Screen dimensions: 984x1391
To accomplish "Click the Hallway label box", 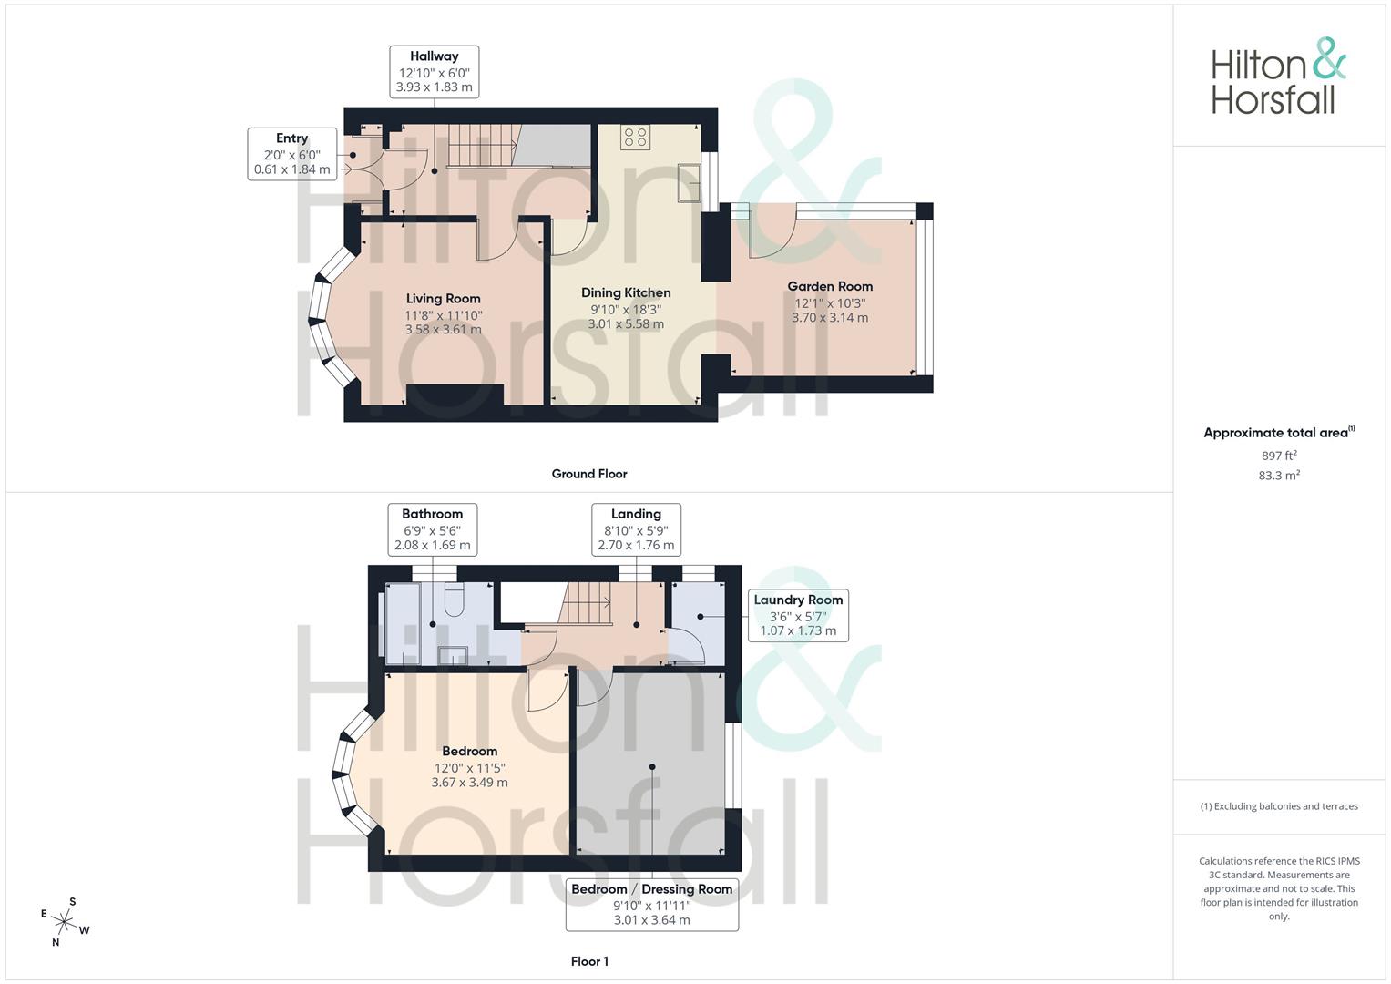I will (x=434, y=72).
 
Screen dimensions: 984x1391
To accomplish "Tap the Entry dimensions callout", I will (x=291, y=154).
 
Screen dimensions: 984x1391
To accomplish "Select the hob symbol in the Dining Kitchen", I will (x=635, y=138).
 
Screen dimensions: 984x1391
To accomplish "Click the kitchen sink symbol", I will (x=689, y=182).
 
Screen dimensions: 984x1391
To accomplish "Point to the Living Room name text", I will (x=443, y=299).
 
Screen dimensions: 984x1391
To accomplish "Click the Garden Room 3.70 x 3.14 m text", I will (x=829, y=318).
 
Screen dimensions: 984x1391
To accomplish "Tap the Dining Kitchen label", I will (x=626, y=292).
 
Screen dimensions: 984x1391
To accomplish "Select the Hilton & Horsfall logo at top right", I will (x=1277, y=77).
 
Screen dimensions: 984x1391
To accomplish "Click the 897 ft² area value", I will (x=1279, y=456).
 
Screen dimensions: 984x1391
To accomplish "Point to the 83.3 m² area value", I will (x=1279, y=476).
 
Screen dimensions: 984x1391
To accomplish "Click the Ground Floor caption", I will (x=589, y=474).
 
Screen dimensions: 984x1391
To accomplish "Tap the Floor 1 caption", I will (x=589, y=961).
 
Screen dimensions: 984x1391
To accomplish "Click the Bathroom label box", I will (x=432, y=529).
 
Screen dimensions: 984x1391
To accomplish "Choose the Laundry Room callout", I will (x=798, y=615).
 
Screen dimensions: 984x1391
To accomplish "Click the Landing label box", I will (x=636, y=529).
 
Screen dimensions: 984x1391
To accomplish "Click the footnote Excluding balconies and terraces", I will (x=1279, y=806).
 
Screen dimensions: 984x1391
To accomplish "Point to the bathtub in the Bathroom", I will (x=403, y=624).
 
